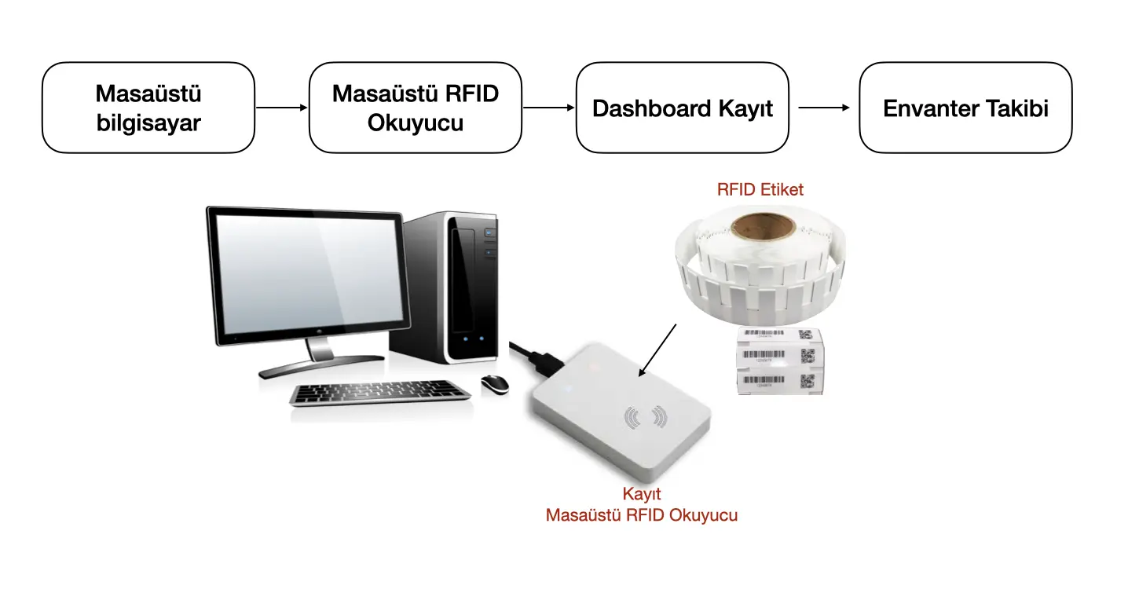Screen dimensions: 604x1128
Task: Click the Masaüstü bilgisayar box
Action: point(148,108)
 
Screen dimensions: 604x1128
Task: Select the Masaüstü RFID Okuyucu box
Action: point(416,108)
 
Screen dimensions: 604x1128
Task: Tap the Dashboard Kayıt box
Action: point(682,108)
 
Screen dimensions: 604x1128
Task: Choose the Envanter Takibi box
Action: point(965,108)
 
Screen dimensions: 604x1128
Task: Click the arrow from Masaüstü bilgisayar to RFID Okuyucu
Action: point(282,108)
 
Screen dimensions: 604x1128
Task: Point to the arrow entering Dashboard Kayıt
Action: point(548,108)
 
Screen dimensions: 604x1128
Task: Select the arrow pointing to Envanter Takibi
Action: point(823,108)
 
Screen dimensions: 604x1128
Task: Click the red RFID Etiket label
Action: point(760,189)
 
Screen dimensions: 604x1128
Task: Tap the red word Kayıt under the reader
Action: point(642,495)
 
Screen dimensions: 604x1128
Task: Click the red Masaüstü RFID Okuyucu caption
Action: point(642,515)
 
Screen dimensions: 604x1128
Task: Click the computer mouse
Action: point(494,383)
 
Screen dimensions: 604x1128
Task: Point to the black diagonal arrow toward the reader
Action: point(657,349)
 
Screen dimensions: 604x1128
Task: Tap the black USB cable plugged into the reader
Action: point(534,356)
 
